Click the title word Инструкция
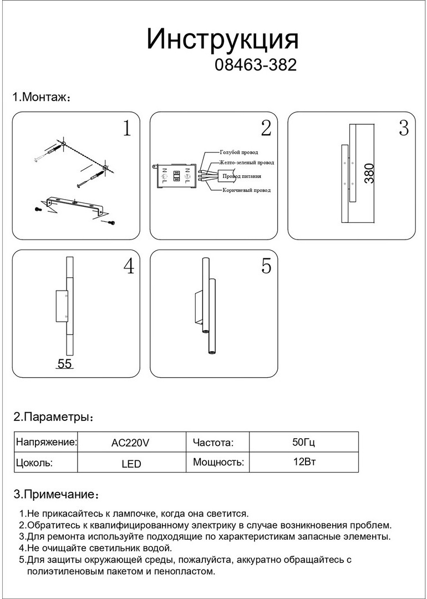(x=222, y=40)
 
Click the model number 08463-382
(x=255, y=65)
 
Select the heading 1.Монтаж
(x=41, y=98)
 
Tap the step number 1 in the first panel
(x=127, y=129)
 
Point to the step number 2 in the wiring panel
(x=266, y=129)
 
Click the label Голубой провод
(x=238, y=152)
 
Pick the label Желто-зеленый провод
(x=246, y=163)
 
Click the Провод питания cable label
(x=242, y=176)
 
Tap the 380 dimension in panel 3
(x=370, y=174)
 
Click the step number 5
(x=266, y=267)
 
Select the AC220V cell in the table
(x=130, y=443)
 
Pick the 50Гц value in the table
(x=303, y=443)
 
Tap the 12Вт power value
(x=303, y=462)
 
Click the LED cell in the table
(x=131, y=464)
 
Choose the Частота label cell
(x=213, y=443)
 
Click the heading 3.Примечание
(x=55, y=494)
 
